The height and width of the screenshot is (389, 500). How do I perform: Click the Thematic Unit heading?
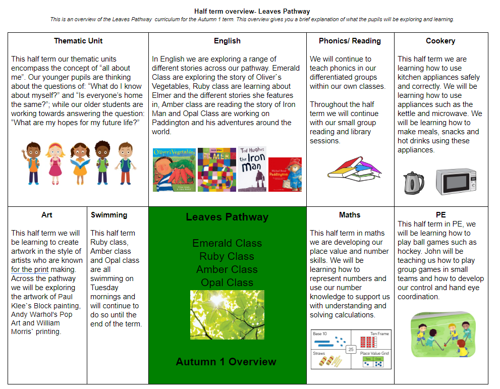pos(78,41)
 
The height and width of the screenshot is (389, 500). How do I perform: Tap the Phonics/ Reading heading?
pos(350,41)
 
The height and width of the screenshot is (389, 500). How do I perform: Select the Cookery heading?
pos(440,41)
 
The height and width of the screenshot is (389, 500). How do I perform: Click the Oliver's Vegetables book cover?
pos(174,170)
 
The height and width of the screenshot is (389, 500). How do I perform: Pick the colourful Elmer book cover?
pos(217,170)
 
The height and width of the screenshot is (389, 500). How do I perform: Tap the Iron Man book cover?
pos(252,169)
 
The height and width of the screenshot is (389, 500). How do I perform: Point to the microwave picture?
pos(456,182)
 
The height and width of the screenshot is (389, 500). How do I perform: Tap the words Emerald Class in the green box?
pos(227,243)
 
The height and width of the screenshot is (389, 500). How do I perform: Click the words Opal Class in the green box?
pos(227,283)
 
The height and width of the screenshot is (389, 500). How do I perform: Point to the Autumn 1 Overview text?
pos(226,362)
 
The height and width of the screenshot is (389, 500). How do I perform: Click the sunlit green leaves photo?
pos(227,314)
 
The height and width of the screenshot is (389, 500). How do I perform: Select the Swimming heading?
pos(109,215)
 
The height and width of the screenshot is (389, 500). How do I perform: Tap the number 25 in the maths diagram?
pos(351,349)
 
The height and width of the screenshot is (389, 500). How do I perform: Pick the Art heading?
pos(47,215)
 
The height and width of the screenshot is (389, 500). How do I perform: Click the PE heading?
pos(440,215)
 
